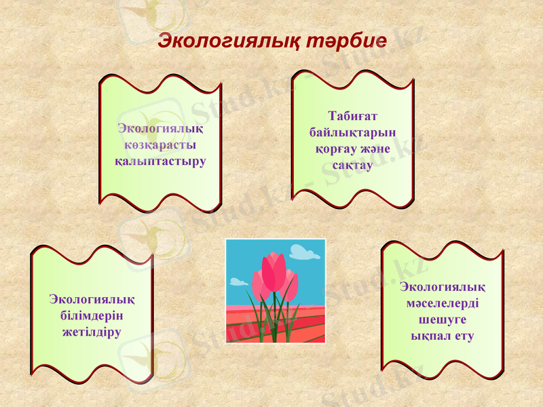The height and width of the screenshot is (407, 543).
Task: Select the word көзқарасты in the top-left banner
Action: pos(160,145)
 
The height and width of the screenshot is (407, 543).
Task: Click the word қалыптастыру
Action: pos(160,161)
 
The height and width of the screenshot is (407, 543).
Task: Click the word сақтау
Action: pos(352,165)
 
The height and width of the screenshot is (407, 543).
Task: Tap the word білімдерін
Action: pos(92,315)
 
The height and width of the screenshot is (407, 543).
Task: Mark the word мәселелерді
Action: pos(443,303)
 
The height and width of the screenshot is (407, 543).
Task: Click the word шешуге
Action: pos(443,319)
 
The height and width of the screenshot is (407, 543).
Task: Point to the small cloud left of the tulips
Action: pos(238,282)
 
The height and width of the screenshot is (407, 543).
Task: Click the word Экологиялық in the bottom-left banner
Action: pos(92,298)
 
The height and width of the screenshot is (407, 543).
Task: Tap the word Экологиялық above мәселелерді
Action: pos(443,286)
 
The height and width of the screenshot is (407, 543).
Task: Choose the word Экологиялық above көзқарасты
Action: pos(160,128)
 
